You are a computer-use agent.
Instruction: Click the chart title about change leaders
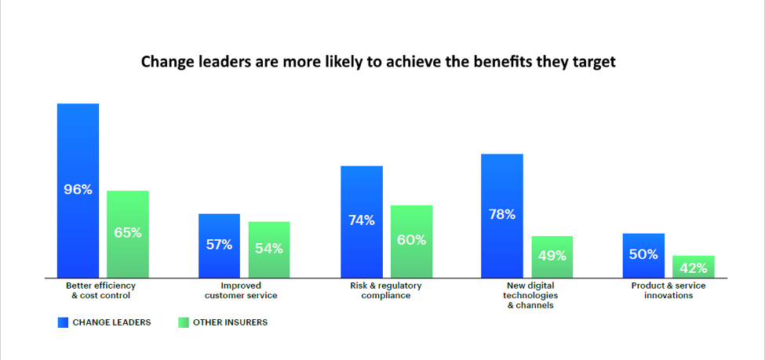pos(378,62)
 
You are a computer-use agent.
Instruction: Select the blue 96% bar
pos(78,190)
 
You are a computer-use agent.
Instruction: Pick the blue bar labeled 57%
pos(219,245)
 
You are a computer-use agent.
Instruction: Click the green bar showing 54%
pos(269,249)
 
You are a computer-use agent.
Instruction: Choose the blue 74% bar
pos(361,221)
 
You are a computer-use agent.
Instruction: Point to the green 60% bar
pos(411,241)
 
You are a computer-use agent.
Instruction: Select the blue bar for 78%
pos(501,215)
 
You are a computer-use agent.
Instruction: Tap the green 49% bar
pos(552,256)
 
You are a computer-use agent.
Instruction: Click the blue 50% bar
pos(643,255)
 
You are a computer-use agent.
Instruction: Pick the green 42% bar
pos(693,267)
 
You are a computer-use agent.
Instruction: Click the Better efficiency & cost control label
pos(101,290)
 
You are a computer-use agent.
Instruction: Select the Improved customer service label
pos(241,290)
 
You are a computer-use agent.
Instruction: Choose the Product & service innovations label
pos(668,290)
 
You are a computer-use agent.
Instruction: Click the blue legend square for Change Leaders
pos(63,322)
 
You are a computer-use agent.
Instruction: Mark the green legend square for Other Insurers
pos(183,322)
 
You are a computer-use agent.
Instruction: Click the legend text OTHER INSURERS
pos(231,322)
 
